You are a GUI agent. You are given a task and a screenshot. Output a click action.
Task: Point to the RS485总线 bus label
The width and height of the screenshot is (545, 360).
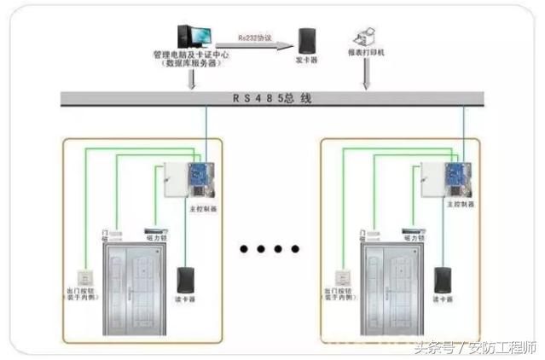272,98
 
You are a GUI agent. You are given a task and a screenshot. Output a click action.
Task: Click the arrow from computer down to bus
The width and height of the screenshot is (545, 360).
195,79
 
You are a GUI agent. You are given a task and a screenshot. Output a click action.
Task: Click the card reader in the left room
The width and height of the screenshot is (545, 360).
184,280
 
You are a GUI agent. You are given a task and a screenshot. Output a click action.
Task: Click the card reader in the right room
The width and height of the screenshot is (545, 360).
442,280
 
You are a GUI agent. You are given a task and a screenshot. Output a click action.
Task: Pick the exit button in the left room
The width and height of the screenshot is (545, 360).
84,276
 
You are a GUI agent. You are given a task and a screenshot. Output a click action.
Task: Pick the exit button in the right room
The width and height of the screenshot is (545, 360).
341,276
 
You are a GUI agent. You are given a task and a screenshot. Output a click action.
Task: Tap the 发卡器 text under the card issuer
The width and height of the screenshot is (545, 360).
307,61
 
